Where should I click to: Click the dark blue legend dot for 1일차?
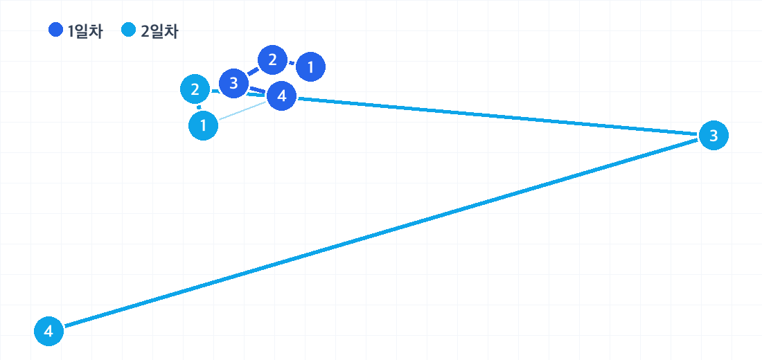(56, 30)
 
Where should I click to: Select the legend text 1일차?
(85, 32)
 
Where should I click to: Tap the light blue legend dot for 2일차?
(129, 30)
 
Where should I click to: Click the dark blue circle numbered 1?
(310, 67)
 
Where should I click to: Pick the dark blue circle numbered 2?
(272, 60)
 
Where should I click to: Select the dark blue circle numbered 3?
(233, 84)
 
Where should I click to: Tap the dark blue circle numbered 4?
(281, 96)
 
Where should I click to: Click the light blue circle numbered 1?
(203, 126)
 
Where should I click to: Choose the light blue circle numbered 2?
(195, 89)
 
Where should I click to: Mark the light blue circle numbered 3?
(714, 136)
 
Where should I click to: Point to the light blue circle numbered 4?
(48, 332)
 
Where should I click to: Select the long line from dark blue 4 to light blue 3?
(497, 116)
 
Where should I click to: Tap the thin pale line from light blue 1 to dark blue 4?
(242, 110)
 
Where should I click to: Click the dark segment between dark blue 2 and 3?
(253, 72)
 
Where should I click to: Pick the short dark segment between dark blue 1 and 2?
(292, 63)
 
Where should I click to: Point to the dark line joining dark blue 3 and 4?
(258, 89)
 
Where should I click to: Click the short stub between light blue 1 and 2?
(199, 107)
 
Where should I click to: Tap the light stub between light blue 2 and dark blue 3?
(214, 91)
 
